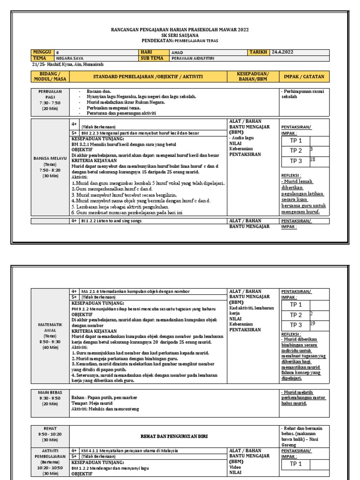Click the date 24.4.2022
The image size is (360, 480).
pyautogui.click(x=283, y=52)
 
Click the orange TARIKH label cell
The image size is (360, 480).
pyautogui.click(x=258, y=52)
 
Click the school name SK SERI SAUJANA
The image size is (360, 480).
pyautogui.click(x=180, y=36)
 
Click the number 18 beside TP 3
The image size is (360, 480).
pyautogui.click(x=313, y=160)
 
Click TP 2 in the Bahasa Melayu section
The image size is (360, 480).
pyautogui.click(x=296, y=151)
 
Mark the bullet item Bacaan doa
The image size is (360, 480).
pyautogui.click(x=97, y=91)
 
